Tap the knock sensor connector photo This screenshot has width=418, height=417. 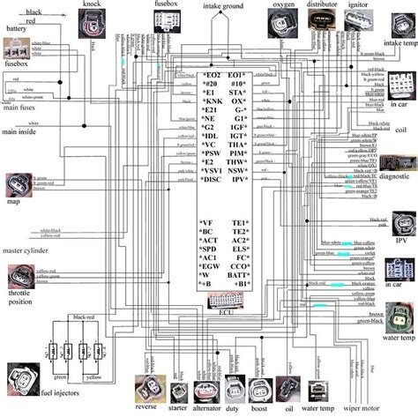pos(91,26)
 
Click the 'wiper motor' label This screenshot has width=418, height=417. pos(355,409)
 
